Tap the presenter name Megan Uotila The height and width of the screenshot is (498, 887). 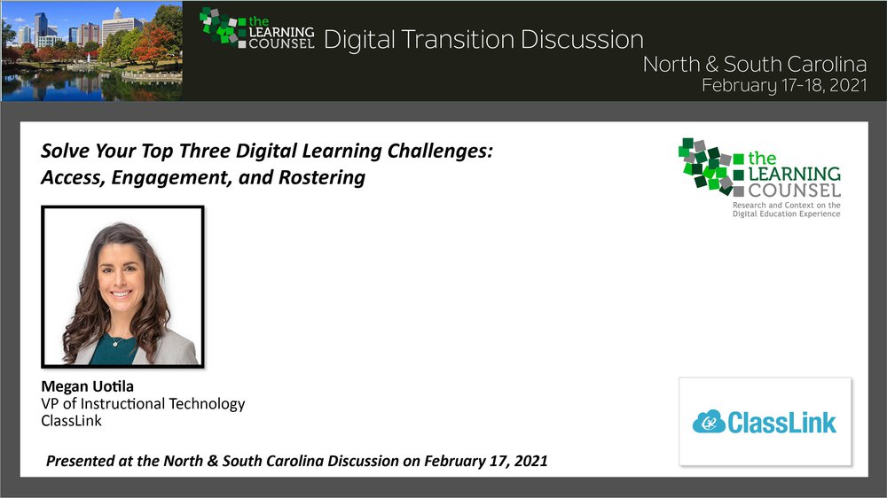(x=87, y=386)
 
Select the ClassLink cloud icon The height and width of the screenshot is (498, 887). (x=709, y=422)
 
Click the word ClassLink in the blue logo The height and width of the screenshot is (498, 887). (x=781, y=423)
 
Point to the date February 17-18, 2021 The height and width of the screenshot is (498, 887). (x=784, y=85)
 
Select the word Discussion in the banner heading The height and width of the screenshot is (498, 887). (x=582, y=40)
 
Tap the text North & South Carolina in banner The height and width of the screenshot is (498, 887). (x=755, y=64)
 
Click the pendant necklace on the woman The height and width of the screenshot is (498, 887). (x=115, y=342)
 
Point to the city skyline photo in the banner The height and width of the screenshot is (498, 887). (x=91, y=51)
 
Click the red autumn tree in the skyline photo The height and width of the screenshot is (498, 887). (x=153, y=44)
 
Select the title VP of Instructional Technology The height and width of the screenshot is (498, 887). (x=143, y=403)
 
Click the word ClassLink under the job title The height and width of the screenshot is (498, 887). (x=71, y=421)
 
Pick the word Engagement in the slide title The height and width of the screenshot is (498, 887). (x=172, y=177)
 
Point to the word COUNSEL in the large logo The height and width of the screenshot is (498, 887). (x=794, y=190)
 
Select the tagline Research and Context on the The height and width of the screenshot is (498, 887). (x=786, y=206)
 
